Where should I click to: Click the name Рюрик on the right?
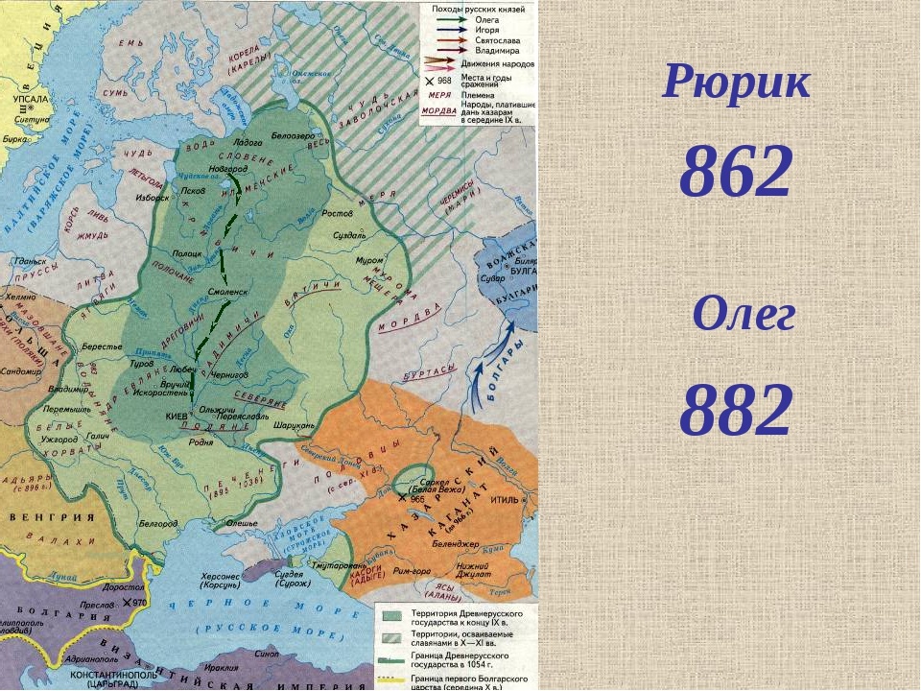coord(736,84)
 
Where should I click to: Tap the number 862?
coord(736,173)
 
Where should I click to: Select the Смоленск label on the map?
coord(227,290)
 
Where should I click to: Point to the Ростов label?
coord(337,212)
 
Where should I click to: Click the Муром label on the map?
coord(369,260)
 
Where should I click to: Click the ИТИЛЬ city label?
coord(505,500)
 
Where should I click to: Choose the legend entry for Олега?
coord(487,18)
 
